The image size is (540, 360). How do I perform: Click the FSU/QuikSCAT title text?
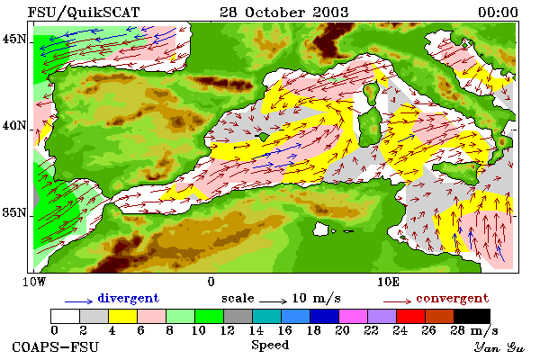coord(84,13)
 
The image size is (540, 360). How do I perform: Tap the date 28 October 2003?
coord(284,13)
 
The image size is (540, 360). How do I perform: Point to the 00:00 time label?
coord(498,13)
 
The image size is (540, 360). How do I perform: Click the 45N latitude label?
coord(14,39)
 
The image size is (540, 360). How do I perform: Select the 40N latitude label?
coord(14,125)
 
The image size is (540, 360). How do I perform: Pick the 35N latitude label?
coord(14,212)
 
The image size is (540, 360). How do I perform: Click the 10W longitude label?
coord(34,282)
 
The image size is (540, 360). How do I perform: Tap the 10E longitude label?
coord(388,282)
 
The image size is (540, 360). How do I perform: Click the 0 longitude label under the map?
coord(211,282)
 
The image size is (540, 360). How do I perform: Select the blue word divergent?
coord(129,298)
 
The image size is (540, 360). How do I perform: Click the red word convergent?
coord(453,298)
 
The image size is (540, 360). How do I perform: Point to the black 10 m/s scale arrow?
coord(273,301)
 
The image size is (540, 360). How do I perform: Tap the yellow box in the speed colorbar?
coord(123,316)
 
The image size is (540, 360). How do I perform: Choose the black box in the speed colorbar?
coord(472,316)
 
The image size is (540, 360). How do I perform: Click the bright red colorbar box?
coord(411,316)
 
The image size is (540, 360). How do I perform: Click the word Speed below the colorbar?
coord(270,346)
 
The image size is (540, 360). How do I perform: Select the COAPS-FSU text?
coord(55,346)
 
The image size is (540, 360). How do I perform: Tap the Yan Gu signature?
coord(499,347)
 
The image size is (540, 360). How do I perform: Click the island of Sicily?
coord(456,171)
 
